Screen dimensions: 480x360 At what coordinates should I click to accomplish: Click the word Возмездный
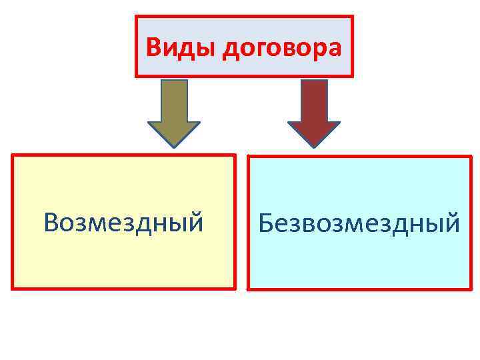click(x=123, y=222)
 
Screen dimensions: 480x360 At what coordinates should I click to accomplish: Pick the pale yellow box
click(x=123, y=260)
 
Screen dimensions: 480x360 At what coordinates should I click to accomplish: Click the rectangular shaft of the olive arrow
click(x=173, y=100)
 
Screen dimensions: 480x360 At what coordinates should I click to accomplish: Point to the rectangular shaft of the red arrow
click(x=314, y=100)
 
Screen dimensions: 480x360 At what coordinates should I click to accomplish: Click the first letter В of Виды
click(x=153, y=47)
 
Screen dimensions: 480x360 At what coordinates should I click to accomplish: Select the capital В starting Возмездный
click(x=51, y=222)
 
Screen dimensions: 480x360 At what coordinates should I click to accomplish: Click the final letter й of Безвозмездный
click(x=452, y=222)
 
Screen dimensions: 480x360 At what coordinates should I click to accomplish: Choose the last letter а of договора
click(x=335, y=49)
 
